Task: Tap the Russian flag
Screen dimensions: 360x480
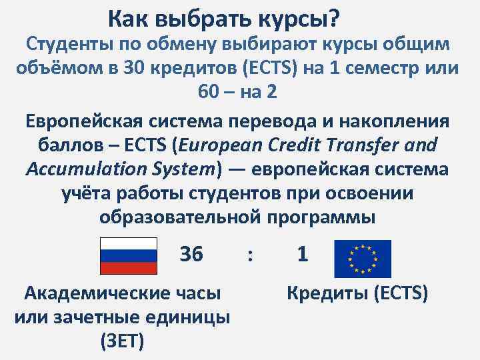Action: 129,255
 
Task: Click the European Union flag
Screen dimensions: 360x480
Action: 363,259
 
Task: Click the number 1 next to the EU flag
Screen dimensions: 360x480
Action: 303,254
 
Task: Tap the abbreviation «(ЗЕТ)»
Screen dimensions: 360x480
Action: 123,341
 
